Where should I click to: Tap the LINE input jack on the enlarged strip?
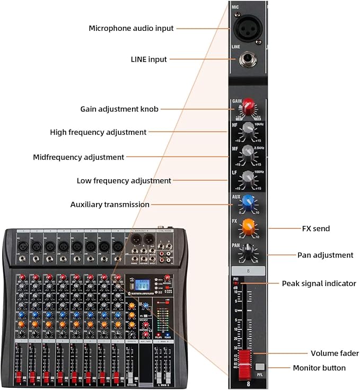(x=248, y=59)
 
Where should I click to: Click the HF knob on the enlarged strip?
(x=248, y=131)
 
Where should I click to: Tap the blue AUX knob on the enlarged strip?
(x=248, y=203)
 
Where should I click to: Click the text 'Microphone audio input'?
(x=131, y=28)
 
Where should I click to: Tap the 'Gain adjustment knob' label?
(x=119, y=109)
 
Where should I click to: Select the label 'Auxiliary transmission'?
(x=110, y=204)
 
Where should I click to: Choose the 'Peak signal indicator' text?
(x=319, y=284)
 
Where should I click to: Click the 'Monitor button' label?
(x=319, y=368)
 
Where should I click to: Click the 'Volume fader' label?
(x=335, y=353)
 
